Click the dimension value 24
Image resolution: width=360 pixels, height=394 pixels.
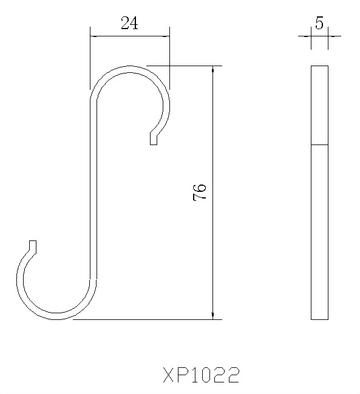129,24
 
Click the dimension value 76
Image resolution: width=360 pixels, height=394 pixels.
200,192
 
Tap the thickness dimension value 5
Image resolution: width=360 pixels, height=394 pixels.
319,22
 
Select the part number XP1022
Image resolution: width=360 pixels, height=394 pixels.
201,375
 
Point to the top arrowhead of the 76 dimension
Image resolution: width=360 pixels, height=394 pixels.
213,69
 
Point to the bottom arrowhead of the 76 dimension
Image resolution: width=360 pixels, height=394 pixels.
213,314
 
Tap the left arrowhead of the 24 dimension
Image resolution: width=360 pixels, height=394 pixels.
93,36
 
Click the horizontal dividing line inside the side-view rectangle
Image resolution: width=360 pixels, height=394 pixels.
319,145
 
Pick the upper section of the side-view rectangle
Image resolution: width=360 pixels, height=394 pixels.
319,104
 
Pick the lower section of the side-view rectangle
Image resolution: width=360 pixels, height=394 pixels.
319,231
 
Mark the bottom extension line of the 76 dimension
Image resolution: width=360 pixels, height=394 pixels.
146,319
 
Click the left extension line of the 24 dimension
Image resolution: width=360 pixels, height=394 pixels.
90,61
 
